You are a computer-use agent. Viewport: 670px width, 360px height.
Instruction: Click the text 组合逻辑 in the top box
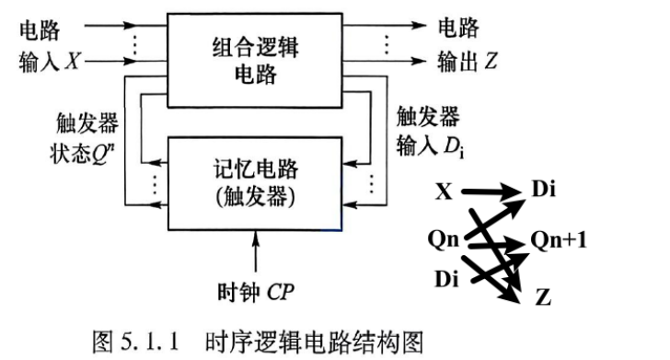[255, 47]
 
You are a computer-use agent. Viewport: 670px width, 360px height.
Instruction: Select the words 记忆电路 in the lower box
[255, 168]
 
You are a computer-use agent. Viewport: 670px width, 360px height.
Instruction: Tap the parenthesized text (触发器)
[255, 197]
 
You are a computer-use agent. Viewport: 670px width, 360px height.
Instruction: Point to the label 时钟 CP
[256, 293]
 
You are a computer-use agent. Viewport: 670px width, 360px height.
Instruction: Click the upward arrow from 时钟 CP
[256, 251]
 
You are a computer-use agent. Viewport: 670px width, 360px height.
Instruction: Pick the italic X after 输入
[73, 60]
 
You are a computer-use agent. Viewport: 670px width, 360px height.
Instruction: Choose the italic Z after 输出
[491, 61]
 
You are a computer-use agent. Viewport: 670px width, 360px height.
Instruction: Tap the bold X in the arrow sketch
[444, 192]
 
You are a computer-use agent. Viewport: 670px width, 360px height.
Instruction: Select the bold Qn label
[444, 239]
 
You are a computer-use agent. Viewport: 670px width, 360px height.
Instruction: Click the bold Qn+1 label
[559, 240]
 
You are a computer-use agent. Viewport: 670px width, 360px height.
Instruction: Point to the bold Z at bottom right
[543, 296]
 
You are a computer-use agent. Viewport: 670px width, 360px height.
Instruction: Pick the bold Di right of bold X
[544, 188]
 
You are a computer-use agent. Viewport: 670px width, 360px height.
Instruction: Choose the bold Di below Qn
[446, 279]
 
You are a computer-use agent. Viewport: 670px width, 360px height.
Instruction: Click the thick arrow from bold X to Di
[492, 192]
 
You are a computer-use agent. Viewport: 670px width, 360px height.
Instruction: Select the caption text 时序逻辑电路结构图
[314, 342]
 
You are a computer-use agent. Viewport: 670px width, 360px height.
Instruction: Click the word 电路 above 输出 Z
[458, 28]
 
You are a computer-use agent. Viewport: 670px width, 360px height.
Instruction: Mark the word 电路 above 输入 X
[40, 30]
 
